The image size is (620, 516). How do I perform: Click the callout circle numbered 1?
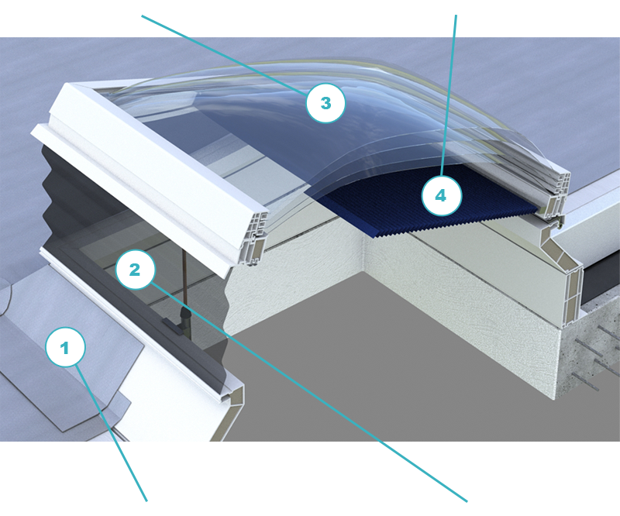click(65, 347)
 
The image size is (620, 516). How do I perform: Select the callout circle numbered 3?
click(325, 103)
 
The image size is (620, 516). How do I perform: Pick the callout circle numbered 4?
click(442, 196)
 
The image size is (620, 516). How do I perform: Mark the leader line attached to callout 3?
click(224, 55)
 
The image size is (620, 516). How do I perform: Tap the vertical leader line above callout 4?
click(449, 95)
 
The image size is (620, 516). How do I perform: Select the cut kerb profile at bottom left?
click(230, 411)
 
